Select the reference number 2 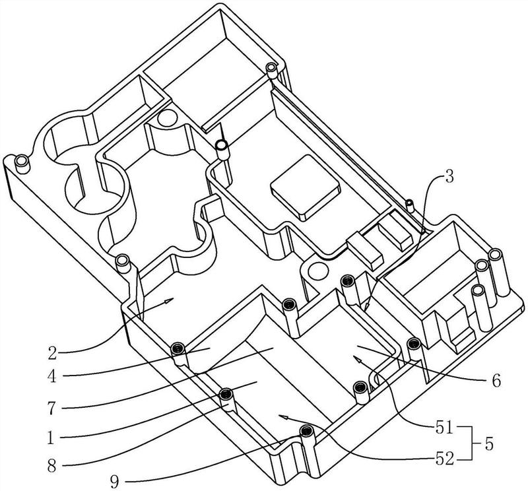click(x=52, y=353)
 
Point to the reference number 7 click(x=51, y=407)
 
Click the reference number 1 click(x=51, y=438)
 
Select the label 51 click(x=445, y=430)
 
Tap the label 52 click(x=445, y=459)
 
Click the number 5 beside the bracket click(x=489, y=445)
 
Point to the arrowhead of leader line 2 click(x=170, y=300)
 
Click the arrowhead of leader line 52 click(x=285, y=418)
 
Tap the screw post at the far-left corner click(x=22, y=164)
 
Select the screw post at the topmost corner click(x=272, y=71)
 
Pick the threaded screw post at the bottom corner click(x=306, y=436)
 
